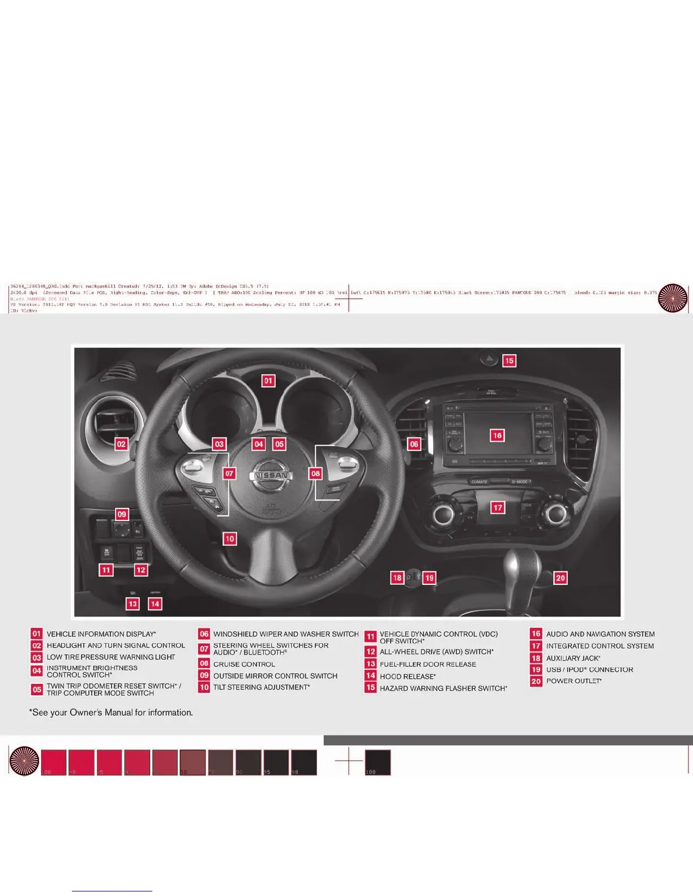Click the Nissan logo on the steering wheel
click(x=272, y=475)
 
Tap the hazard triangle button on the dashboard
click(x=489, y=358)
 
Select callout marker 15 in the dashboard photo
click(x=510, y=360)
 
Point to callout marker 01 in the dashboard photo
click(x=268, y=381)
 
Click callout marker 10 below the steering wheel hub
click(x=229, y=539)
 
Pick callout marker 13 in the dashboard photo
click(x=132, y=604)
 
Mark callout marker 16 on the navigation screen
click(x=497, y=435)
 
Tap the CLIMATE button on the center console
click(x=479, y=482)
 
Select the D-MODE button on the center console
click(x=519, y=482)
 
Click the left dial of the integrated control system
click(x=443, y=514)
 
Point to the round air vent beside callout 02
click(x=113, y=419)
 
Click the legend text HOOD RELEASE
click(x=408, y=677)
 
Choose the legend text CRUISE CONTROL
click(x=244, y=664)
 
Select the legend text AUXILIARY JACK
click(x=573, y=658)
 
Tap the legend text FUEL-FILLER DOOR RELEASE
click(x=427, y=664)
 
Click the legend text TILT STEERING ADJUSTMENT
click(x=261, y=687)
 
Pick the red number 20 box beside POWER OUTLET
click(x=536, y=681)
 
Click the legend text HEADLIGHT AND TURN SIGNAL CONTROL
click(x=115, y=645)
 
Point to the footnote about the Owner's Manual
click(x=111, y=712)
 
